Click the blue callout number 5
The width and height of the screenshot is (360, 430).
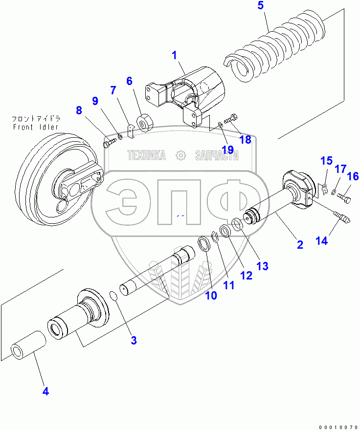tap(260, 6)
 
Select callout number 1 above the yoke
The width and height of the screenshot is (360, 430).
tap(174, 55)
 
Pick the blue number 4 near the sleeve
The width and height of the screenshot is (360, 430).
tap(45, 391)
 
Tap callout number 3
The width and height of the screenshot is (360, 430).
tap(134, 341)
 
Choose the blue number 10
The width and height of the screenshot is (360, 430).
tap(211, 295)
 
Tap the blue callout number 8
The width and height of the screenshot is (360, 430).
tap(79, 110)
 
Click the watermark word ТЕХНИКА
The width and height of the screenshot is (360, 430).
tap(146, 155)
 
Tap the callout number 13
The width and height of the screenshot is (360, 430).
tap(262, 266)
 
